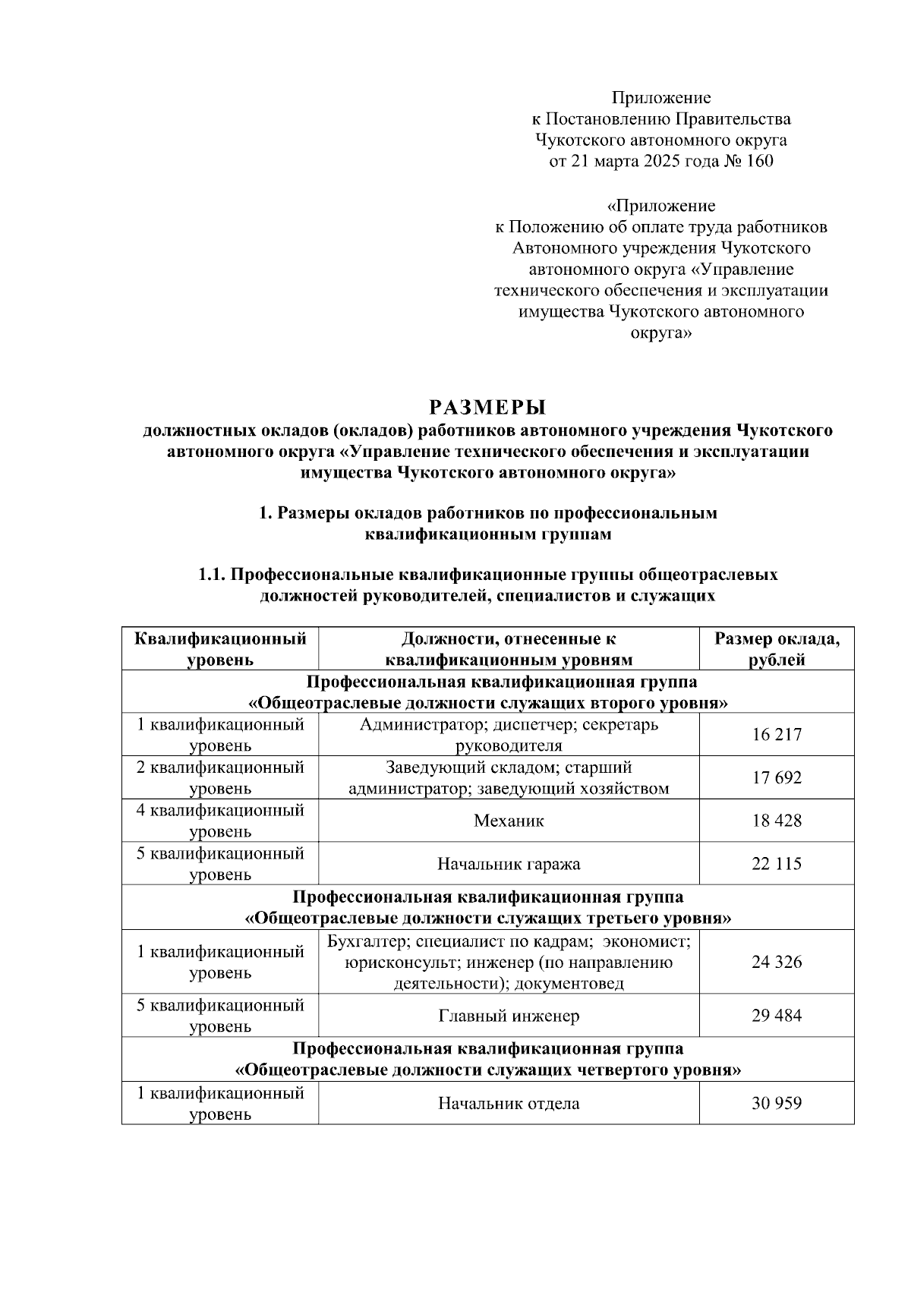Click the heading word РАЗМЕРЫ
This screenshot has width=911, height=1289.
coord(487,408)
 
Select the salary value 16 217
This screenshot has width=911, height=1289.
coord(777,735)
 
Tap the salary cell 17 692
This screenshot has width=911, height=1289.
coord(777,778)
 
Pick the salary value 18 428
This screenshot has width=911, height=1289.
coord(777,821)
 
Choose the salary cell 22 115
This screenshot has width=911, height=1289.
coord(777,864)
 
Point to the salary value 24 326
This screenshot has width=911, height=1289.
coord(777,962)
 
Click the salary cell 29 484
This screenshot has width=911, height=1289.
coord(777,1016)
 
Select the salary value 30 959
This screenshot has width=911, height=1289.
coord(777,1103)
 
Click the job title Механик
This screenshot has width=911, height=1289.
coord(509,821)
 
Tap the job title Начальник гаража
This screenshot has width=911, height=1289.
coord(509,864)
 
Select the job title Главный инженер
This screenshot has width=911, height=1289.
coord(509,1016)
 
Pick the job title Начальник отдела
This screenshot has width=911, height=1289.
coord(509,1103)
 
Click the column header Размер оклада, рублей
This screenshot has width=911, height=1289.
coord(777,649)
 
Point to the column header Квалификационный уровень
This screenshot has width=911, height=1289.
coord(220,649)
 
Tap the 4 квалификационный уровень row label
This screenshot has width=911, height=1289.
coord(220,821)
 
